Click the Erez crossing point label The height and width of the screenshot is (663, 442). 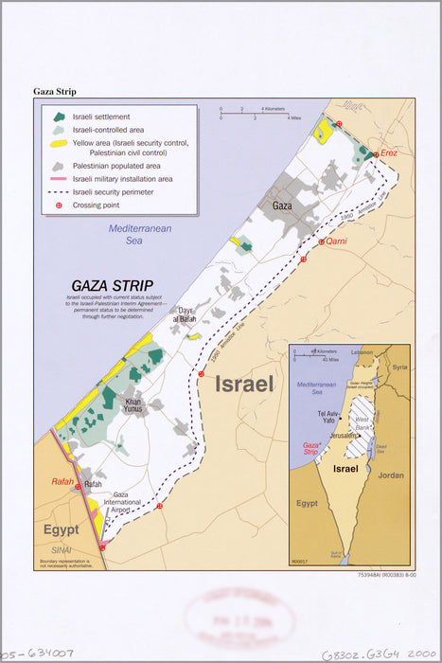(389, 152)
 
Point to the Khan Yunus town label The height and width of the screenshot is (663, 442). (134, 406)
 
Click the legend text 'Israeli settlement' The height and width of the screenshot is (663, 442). (105, 116)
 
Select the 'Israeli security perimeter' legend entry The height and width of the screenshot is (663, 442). (119, 191)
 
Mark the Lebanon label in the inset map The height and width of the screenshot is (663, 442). (362, 352)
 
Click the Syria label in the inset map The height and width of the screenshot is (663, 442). (399, 367)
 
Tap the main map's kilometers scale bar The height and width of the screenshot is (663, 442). (241, 113)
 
